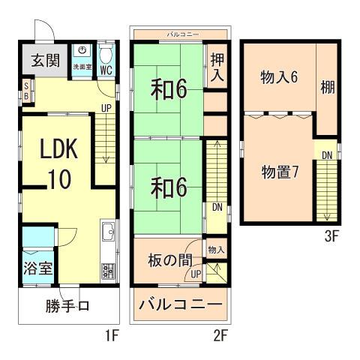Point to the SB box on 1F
26,91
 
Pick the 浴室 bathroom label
37,267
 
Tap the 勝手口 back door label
67,306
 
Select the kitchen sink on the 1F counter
106,233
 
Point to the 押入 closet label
217,67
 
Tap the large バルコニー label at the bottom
180,306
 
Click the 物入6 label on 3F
279,76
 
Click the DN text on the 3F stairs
327,155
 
